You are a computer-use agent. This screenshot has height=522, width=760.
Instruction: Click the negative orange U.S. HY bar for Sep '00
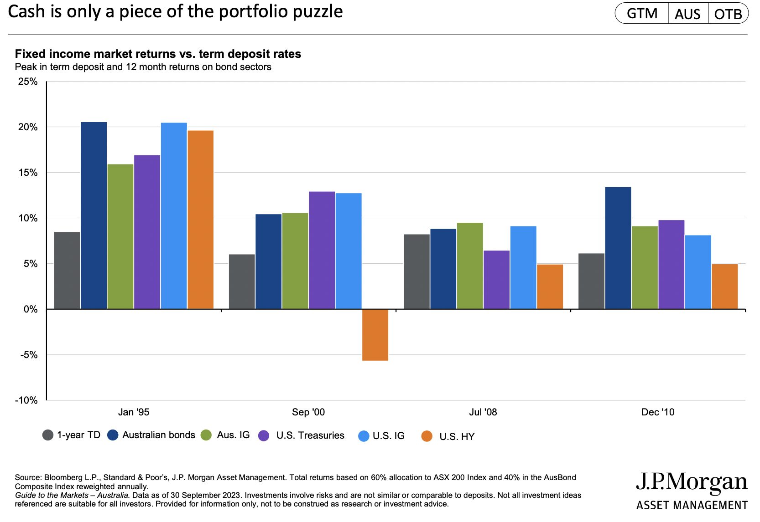[x=375, y=335]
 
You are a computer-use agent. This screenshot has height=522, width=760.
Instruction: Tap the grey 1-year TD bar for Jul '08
[x=416, y=271]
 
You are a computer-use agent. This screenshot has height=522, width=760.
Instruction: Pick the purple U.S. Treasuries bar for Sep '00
[x=322, y=250]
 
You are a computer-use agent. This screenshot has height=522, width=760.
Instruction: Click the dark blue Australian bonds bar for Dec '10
[x=618, y=248]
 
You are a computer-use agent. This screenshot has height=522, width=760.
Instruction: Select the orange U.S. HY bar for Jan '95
[x=200, y=220]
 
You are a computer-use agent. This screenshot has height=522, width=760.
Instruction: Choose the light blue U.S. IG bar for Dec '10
[x=698, y=272]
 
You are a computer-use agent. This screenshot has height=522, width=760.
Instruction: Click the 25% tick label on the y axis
[x=28, y=82]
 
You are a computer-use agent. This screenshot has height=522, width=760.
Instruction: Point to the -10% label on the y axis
[x=26, y=400]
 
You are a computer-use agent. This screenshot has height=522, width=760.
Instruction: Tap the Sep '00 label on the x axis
[x=308, y=412]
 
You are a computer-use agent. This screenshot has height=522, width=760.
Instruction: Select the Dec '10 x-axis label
[x=658, y=412]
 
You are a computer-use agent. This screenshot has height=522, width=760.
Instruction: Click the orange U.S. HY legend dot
[x=427, y=436]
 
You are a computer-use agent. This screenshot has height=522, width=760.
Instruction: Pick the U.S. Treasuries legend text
[x=310, y=435]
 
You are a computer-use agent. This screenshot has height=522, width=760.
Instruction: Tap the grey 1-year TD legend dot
[x=48, y=435]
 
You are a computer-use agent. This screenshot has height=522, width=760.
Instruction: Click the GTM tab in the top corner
[x=642, y=14]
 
